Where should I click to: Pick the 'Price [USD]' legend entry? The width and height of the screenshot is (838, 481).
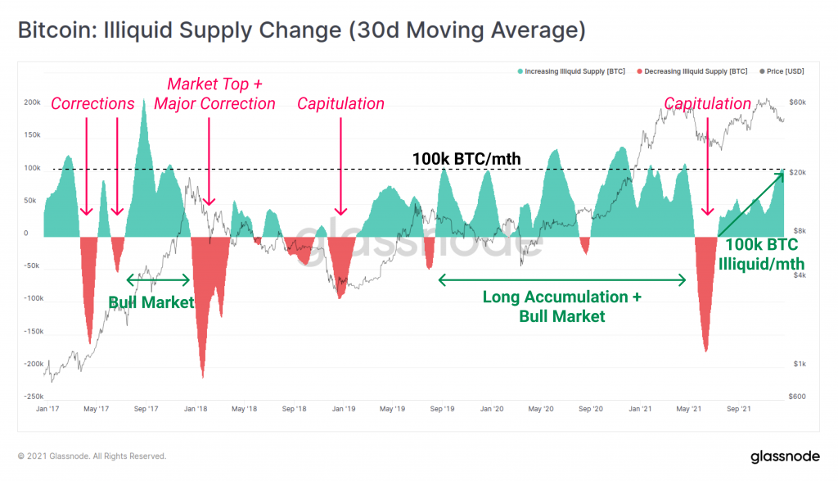tap(784, 71)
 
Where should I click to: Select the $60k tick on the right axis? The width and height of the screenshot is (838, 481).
tap(797, 102)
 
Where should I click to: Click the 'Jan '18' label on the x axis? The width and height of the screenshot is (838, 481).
tap(195, 408)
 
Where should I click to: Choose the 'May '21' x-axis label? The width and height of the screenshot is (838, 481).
tap(689, 408)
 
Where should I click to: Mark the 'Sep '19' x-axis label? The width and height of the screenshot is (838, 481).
tap(442, 408)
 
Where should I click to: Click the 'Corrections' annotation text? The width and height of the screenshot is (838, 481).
tap(92, 104)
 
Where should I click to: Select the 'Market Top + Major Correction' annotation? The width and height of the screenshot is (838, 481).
tap(214, 93)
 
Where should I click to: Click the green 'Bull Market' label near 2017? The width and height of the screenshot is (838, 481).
tap(151, 302)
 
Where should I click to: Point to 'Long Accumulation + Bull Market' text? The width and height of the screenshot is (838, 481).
tap(561, 306)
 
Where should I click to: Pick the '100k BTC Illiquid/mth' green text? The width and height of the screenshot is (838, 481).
tap(761, 254)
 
